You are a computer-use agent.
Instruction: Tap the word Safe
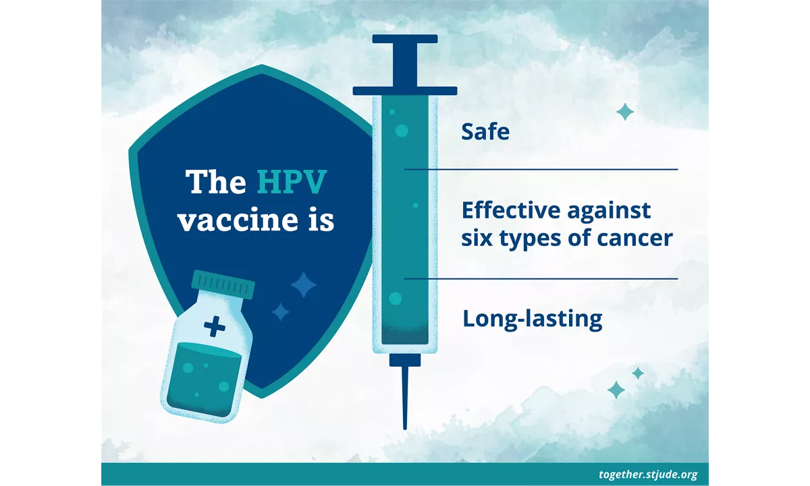[x=485, y=131]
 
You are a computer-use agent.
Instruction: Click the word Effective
[x=512, y=210]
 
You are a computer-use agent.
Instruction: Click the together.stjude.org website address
[x=648, y=474]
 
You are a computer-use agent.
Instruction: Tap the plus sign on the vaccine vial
[x=215, y=326]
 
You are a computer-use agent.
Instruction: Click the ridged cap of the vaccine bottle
[x=223, y=284]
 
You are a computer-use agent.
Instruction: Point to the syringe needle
[x=405, y=398]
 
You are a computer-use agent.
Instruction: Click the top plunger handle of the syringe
[x=405, y=38]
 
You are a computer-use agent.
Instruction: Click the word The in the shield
[x=216, y=181]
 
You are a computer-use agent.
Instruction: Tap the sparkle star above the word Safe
[x=625, y=112]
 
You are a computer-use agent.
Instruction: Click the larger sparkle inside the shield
[x=304, y=285]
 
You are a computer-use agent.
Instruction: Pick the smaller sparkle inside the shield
[x=280, y=312]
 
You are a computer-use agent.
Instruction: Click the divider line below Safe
[x=541, y=169]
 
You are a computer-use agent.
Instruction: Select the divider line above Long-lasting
[x=541, y=279]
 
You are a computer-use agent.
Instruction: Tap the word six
[x=477, y=239]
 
